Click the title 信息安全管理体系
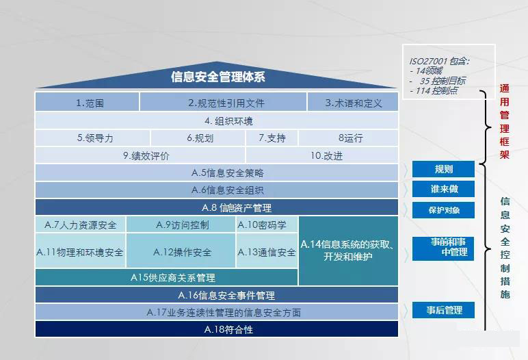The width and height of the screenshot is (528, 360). click(x=217, y=77)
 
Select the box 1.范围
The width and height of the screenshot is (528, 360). click(x=87, y=103)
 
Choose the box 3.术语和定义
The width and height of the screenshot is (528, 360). click(x=353, y=103)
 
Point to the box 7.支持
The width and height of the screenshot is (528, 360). click(x=272, y=138)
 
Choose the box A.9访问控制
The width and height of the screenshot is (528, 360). click(x=182, y=224)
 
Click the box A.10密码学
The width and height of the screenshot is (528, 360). click(x=267, y=224)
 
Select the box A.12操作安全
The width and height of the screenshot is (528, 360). click(x=182, y=252)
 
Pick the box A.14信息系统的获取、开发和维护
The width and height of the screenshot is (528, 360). click(x=348, y=251)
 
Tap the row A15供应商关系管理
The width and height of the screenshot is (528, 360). click(x=167, y=278)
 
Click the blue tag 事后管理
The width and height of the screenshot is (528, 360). click(x=443, y=311)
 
